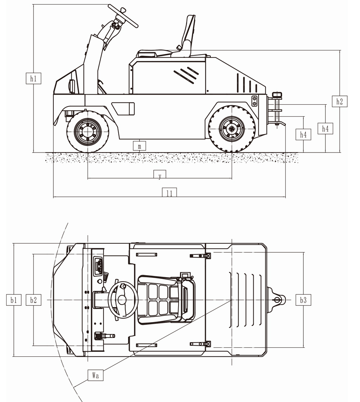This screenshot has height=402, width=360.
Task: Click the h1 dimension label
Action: (33, 79)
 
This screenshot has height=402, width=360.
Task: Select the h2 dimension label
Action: (340, 101)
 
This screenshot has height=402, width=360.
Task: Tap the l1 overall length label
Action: (169, 193)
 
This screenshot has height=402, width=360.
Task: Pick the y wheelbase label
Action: (160, 176)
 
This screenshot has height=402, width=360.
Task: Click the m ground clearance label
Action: (139, 146)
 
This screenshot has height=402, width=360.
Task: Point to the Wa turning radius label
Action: (96, 375)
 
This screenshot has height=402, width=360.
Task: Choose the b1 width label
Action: (13, 300)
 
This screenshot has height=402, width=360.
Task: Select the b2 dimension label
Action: (33, 300)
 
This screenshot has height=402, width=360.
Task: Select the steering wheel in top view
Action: (122, 300)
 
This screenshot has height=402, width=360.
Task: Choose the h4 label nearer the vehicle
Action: (303, 135)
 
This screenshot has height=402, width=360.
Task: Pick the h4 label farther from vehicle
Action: (325, 129)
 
